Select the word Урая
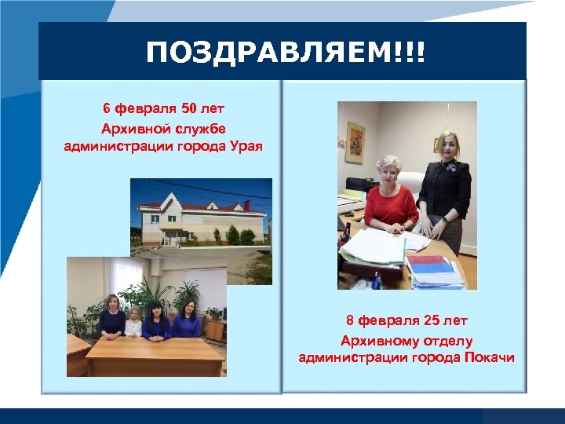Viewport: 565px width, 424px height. coord(245,144)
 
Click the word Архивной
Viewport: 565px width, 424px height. coord(132,126)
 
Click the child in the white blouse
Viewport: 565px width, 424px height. coord(133,322)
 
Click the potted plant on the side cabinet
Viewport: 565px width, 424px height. coord(213,315)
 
